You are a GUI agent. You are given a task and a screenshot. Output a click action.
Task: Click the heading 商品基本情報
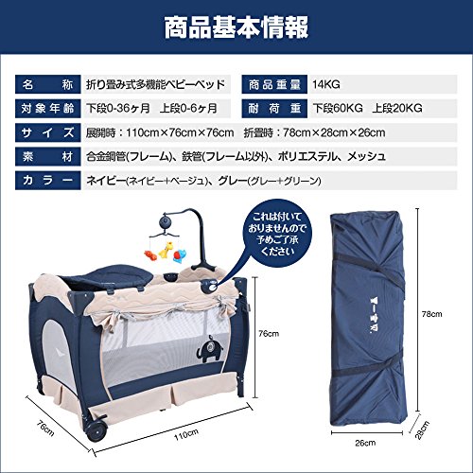point(236,27)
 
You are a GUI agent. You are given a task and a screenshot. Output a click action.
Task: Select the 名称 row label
point(48,84)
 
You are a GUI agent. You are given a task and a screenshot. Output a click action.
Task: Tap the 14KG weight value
point(326,84)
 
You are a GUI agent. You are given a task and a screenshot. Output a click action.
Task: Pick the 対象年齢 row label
point(48,109)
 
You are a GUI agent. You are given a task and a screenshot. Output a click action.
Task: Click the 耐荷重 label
point(274,109)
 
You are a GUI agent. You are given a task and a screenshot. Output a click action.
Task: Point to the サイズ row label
point(48,132)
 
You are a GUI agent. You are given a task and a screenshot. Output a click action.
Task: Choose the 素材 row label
point(48,157)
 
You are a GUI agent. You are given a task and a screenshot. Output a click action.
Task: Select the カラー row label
point(48,181)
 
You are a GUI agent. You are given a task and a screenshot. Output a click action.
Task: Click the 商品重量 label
point(274,84)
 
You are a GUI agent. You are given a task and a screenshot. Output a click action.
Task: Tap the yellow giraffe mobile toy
point(166,250)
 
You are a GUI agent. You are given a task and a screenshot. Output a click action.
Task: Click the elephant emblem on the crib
point(209,348)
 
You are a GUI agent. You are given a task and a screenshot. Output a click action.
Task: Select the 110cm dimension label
point(186,435)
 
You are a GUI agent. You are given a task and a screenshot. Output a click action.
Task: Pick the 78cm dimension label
point(431,314)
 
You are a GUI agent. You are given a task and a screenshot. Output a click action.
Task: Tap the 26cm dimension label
point(365,443)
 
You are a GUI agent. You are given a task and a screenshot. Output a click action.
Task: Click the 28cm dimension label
point(422,430)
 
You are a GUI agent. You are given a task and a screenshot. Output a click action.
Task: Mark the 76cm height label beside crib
point(269,334)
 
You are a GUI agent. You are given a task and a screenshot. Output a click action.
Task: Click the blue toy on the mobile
point(181,254)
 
